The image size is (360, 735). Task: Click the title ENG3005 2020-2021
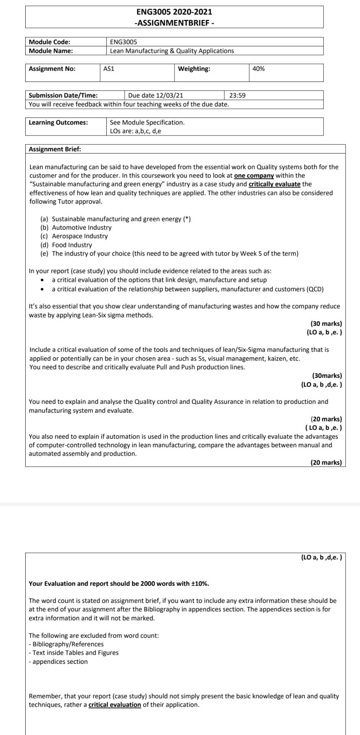click(174, 12)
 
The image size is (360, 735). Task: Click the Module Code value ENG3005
click(123, 42)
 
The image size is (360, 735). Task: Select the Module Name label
click(51, 51)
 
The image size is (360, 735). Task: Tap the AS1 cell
click(109, 69)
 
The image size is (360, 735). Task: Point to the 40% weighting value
click(259, 69)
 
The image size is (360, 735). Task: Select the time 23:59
click(237, 96)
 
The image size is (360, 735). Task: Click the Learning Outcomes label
click(58, 122)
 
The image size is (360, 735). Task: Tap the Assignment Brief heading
click(55, 149)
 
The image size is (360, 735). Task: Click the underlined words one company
click(254, 176)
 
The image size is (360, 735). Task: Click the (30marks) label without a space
click(327, 376)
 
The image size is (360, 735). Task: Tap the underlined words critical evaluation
click(114, 705)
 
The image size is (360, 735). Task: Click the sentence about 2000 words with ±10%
click(119, 584)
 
